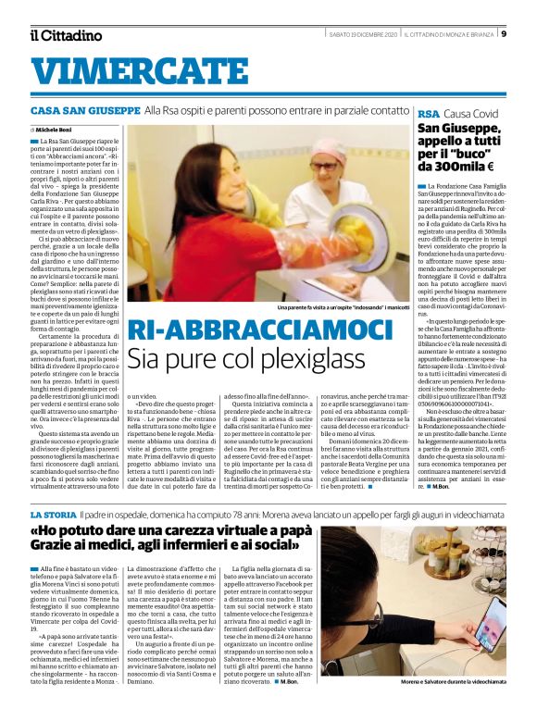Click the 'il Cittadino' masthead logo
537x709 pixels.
pos(66,35)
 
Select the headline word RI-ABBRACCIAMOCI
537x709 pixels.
pos(260,330)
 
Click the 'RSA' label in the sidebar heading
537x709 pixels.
pos(428,113)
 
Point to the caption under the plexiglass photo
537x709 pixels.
pos(342,306)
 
